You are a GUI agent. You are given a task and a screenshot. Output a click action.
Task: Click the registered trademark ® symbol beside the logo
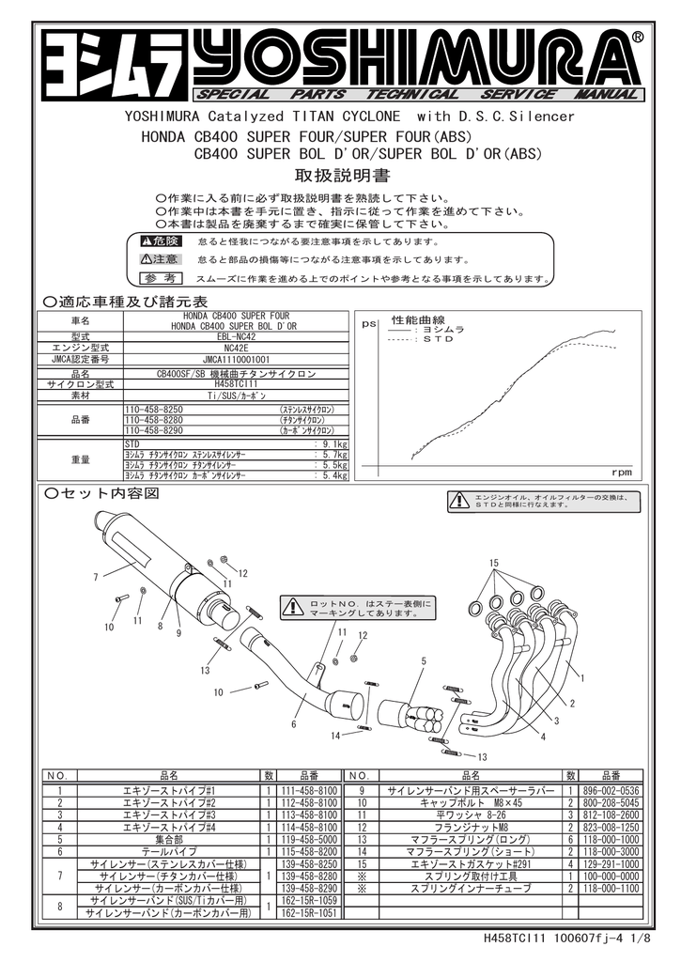[x=638, y=37]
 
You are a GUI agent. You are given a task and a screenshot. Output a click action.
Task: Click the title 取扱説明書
[x=331, y=177]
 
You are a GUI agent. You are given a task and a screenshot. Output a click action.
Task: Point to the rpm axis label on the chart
[x=622, y=472]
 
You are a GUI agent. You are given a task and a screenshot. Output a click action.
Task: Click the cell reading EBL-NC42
[x=236, y=336]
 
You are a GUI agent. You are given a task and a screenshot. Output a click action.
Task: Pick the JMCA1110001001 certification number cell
[x=236, y=359]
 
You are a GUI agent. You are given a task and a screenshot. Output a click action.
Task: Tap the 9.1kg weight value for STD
[x=334, y=442]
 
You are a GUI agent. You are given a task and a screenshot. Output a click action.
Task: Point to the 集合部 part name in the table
[x=170, y=839]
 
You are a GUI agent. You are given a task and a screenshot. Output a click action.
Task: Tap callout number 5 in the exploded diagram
[x=424, y=661]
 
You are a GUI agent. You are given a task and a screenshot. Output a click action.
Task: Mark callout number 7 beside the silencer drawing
[x=96, y=576]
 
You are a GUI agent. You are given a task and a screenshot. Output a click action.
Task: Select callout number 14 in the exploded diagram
[x=333, y=736]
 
